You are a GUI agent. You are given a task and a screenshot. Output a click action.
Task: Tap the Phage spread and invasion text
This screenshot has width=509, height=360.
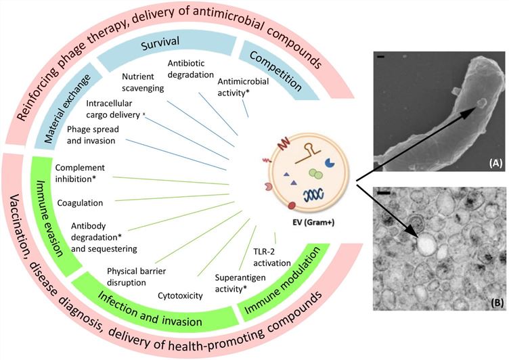pos(101,134)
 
